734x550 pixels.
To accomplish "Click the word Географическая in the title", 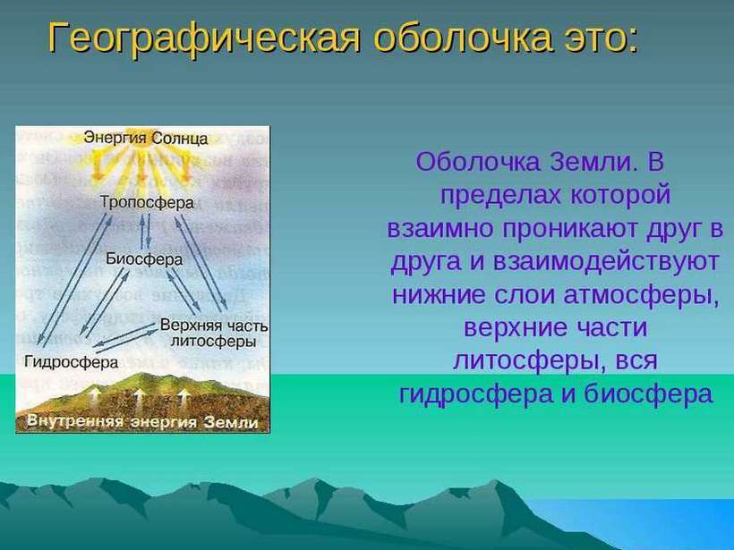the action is tap(205, 38).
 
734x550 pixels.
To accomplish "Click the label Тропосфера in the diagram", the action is tap(147, 202).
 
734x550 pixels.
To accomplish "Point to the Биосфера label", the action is tap(144, 259).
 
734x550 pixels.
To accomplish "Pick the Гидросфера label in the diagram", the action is tap(71, 362).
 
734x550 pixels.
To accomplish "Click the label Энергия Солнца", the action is tap(146, 138).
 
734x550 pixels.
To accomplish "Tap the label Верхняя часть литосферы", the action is tap(214, 333).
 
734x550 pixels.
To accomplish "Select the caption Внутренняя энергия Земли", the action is tap(142, 421).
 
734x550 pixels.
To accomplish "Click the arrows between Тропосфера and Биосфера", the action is tap(146, 231).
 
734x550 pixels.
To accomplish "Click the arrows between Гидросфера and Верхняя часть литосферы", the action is tap(125, 338).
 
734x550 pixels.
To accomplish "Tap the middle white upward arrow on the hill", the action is tap(139, 399).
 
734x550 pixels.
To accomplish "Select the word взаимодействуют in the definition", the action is tap(606, 261).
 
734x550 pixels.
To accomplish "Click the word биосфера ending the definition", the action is tap(648, 393).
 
